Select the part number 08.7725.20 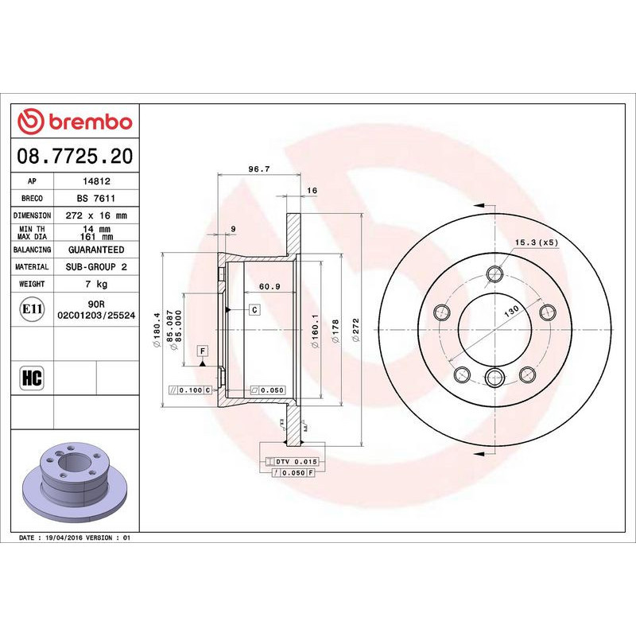75,156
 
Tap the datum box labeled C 254,309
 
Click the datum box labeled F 203,351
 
